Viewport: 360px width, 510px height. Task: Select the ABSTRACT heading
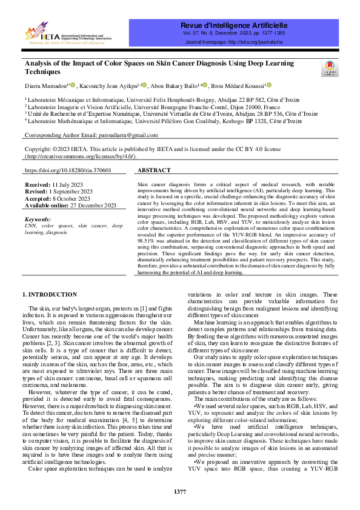154,171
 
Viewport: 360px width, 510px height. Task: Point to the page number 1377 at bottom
180,491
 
